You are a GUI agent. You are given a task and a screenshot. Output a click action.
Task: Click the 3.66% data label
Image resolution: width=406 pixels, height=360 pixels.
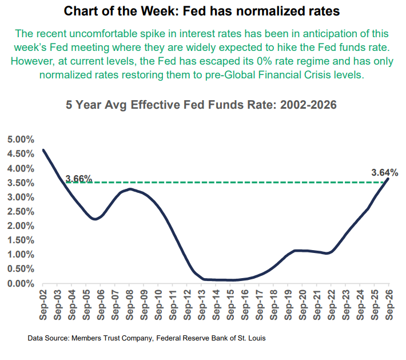[79, 179]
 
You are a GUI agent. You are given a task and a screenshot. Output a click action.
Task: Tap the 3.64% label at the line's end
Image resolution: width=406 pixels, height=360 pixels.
[384, 173]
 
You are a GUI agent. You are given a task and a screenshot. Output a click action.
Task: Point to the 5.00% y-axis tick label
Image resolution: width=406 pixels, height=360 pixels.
[21, 140]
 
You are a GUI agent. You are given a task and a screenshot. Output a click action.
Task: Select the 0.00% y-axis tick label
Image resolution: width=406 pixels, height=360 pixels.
[21, 284]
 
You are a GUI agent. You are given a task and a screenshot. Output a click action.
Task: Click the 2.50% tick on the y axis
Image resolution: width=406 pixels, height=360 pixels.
[21, 212]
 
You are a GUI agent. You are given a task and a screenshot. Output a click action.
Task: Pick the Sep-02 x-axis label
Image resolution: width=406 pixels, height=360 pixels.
[43, 305]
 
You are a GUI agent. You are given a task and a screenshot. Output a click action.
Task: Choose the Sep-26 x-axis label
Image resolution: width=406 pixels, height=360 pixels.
[389, 305]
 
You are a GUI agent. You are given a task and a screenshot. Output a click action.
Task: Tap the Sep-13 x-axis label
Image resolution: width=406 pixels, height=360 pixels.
[202, 305]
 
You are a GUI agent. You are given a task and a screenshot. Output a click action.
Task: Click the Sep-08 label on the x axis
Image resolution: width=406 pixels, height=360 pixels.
[129, 305]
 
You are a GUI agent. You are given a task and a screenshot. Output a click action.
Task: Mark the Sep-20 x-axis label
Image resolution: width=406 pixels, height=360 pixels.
[302, 305]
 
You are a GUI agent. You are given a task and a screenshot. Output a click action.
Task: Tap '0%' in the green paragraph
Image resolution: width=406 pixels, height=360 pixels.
[265, 61]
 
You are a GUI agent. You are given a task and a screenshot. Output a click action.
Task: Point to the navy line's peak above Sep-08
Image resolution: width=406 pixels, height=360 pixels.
[130, 189]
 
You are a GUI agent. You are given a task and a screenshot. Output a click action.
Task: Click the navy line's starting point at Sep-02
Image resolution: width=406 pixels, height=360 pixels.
[43, 150]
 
